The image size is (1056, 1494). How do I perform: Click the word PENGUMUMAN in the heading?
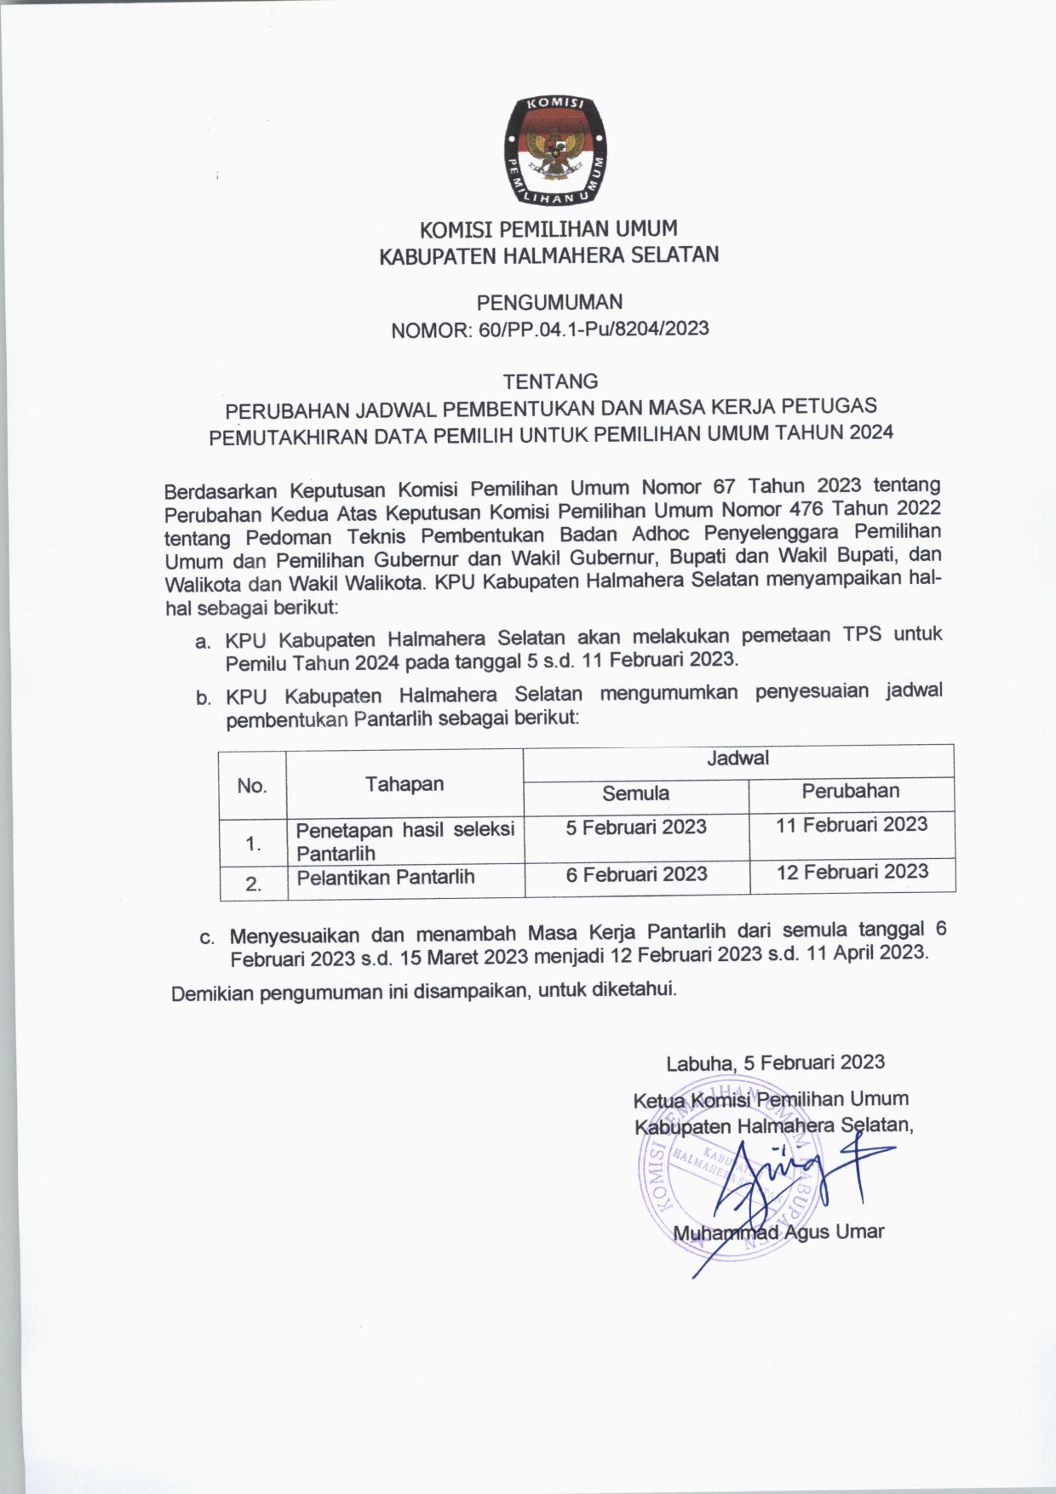point(549,302)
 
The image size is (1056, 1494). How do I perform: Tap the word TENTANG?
point(550,381)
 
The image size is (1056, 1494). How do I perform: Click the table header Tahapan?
point(405,784)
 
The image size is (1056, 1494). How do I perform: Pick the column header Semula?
point(635,793)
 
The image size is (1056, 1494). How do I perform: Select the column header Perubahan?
point(850,791)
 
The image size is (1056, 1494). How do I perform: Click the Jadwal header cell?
point(737,758)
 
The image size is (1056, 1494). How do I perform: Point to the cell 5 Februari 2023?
point(636,827)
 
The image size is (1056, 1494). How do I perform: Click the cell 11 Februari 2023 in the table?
point(852,824)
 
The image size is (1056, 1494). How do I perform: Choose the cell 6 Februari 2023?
point(636,873)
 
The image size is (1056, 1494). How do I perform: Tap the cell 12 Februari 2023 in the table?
point(852,872)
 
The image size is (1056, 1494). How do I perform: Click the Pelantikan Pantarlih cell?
point(385,877)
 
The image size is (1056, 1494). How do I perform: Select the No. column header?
point(252,785)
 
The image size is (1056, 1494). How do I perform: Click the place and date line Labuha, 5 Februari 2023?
point(775,1062)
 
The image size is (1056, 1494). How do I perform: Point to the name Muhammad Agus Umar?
point(778,1232)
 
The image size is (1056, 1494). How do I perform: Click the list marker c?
point(206,938)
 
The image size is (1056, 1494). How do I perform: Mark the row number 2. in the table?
point(253,884)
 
